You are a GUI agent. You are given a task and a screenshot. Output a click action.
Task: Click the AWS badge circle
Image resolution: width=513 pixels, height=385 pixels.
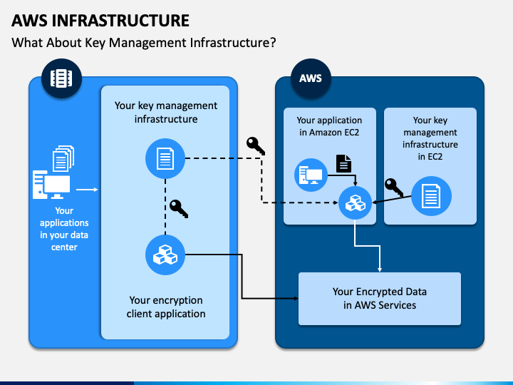click(x=311, y=78)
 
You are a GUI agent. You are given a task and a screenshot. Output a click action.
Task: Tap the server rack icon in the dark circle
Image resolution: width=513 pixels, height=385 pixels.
click(x=61, y=78)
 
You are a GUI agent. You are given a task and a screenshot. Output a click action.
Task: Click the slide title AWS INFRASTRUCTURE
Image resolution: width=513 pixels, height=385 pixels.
click(x=100, y=20)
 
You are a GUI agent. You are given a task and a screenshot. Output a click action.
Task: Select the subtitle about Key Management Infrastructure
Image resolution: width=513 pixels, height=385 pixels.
click(x=144, y=43)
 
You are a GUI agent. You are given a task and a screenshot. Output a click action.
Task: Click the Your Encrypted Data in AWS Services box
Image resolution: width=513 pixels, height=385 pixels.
click(x=380, y=299)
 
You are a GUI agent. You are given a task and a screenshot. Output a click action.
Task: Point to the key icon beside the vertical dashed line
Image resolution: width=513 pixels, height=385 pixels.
click(x=179, y=208)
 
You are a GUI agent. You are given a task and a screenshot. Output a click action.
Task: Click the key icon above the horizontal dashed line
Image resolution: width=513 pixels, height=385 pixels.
click(x=256, y=145)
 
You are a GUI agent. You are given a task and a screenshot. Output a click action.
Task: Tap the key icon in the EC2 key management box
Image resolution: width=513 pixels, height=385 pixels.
click(x=393, y=188)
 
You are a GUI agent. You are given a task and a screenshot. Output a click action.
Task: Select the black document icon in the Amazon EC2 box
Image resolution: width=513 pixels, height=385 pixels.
click(x=344, y=163)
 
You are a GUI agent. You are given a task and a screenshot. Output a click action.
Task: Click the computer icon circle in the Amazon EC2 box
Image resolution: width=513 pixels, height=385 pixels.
click(x=311, y=175)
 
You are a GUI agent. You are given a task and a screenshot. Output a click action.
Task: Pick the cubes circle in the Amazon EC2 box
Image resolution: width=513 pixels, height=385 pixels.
click(x=355, y=202)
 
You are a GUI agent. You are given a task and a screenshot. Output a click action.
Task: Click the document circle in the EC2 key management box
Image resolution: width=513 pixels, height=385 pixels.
click(x=431, y=196)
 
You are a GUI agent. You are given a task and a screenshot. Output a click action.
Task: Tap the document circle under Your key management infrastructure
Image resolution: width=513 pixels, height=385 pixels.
click(x=165, y=158)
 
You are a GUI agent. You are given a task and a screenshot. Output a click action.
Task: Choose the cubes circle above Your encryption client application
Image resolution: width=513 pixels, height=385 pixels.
click(x=165, y=255)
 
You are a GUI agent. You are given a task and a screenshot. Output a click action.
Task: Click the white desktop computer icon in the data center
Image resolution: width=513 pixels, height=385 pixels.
click(x=51, y=185)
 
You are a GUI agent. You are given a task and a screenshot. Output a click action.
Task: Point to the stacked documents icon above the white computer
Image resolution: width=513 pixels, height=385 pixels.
click(x=63, y=158)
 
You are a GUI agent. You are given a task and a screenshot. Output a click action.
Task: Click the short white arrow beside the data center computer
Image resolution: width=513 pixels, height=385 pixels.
click(x=87, y=190)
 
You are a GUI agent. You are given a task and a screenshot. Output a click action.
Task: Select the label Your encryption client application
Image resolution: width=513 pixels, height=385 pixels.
click(x=166, y=307)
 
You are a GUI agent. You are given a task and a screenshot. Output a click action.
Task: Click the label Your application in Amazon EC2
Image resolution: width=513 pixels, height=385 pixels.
click(x=329, y=126)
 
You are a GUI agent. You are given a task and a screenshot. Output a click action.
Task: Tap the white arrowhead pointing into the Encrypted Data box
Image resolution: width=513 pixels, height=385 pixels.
click(x=380, y=269)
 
